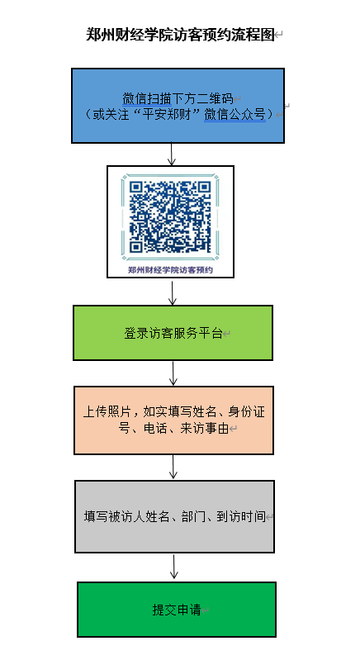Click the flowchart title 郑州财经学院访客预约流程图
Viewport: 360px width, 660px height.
[180, 35]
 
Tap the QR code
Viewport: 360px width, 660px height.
[170, 216]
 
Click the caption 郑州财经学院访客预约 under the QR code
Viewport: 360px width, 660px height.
[170, 270]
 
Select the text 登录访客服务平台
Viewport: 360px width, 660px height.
[173, 334]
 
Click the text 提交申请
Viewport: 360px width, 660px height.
[177, 610]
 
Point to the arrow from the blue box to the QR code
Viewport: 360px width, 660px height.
[171, 154]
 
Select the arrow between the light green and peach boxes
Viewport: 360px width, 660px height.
[173, 373]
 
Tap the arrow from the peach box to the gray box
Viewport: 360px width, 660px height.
[173, 467]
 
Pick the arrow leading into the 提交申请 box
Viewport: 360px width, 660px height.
[174, 567]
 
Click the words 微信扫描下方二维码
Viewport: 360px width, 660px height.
[178, 99]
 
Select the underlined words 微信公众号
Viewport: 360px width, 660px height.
[235, 114]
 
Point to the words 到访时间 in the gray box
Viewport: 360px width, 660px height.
[241, 516]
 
